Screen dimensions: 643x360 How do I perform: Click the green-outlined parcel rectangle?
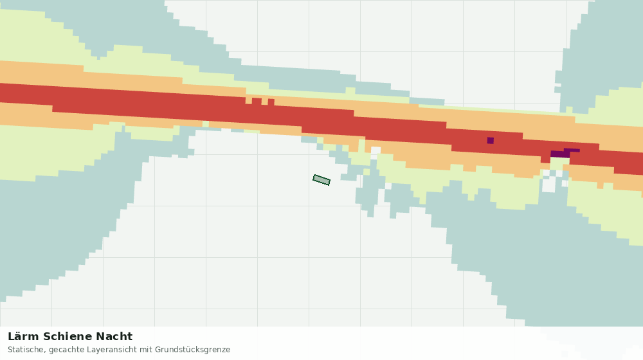coord(321,180)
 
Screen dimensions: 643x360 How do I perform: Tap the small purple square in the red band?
coord(491,141)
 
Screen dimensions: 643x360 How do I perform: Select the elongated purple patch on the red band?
coord(565,153)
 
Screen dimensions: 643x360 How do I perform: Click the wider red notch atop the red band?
coord(257,101)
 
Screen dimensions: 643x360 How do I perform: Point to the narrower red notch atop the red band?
coord(271,102)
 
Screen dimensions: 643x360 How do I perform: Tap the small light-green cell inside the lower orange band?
coord(206,124)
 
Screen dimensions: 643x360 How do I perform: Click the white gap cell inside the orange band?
coord(376,150)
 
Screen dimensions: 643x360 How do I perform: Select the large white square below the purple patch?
coord(548,185)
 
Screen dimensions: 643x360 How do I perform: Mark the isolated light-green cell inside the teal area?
coord(320,140)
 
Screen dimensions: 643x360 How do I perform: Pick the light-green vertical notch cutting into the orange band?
coord(361,146)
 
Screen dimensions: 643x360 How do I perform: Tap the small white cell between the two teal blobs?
coord(388,186)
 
